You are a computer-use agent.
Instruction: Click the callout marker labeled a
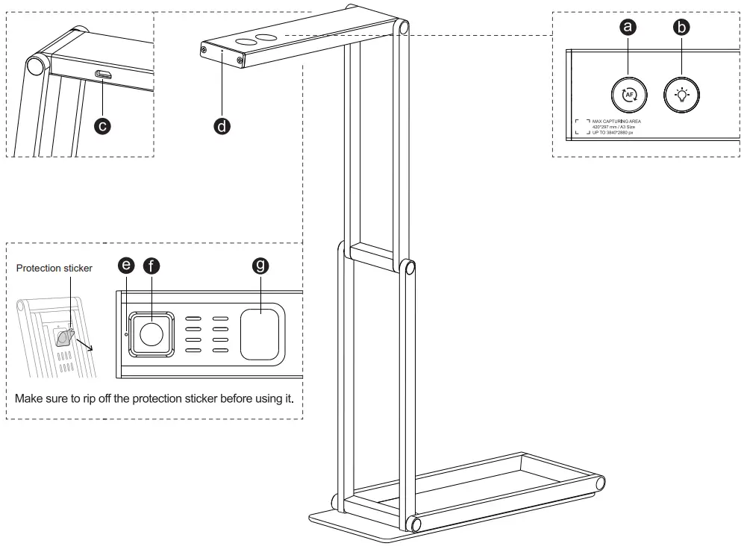629,28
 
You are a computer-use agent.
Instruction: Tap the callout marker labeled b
681,28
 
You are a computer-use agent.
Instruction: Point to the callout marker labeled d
222,126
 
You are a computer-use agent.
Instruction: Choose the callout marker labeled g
261,265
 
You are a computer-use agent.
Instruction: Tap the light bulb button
682,95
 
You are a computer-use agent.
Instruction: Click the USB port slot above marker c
104,75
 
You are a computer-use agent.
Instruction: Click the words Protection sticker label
54,269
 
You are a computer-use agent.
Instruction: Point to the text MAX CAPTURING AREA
616,120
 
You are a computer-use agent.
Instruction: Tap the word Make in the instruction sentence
28,398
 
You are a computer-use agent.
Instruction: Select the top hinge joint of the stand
403,28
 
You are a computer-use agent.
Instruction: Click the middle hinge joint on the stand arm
408,267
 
